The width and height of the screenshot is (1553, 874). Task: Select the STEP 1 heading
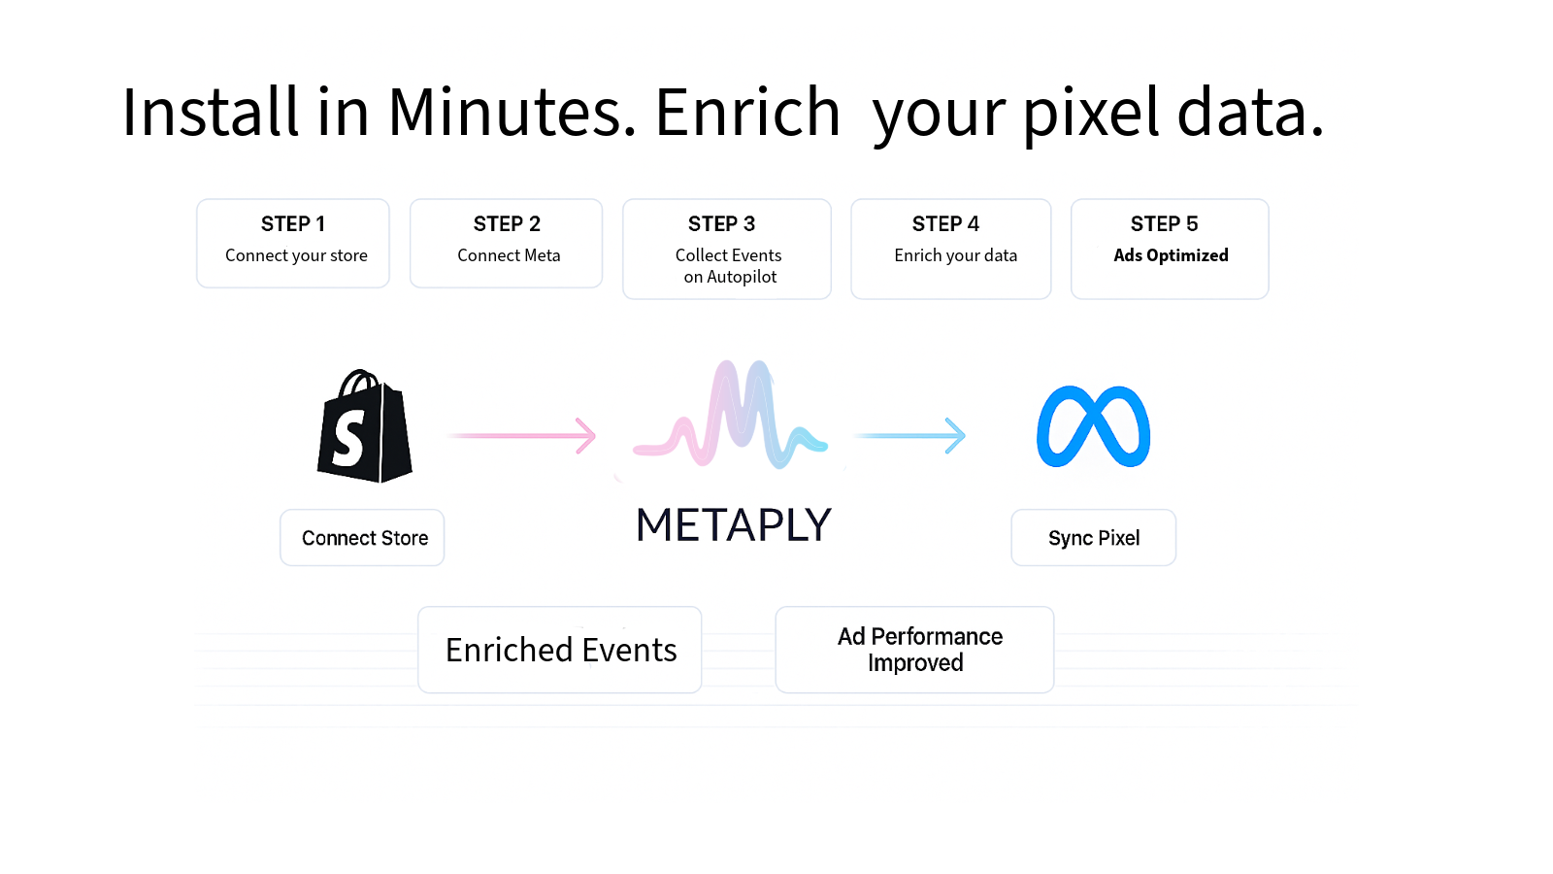[292, 224]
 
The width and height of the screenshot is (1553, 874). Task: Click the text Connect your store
[296, 256]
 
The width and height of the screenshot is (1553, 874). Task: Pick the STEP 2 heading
[507, 224]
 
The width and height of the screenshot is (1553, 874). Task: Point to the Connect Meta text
[509, 255]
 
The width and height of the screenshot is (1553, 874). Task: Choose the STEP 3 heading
[721, 224]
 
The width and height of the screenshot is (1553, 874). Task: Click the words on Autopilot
[730, 277]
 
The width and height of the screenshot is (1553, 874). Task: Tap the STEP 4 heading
[945, 224]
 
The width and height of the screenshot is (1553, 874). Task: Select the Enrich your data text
[955, 256]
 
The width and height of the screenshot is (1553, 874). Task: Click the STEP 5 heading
[1164, 224]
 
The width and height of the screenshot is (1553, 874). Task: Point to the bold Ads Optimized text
[1171, 255]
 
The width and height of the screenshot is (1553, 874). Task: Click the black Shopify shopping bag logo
[365, 426]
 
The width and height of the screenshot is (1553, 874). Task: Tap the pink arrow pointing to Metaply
[521, 436]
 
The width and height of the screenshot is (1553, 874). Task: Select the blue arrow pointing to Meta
[909, 436]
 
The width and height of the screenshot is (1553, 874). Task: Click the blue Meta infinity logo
[1093, 426]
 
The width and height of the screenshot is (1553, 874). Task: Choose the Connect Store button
[362, 538]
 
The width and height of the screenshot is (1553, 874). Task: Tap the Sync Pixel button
[1093, 538]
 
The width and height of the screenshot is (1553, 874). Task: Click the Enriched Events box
[559, 650]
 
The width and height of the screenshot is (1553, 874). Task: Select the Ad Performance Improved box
[914, 650]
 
